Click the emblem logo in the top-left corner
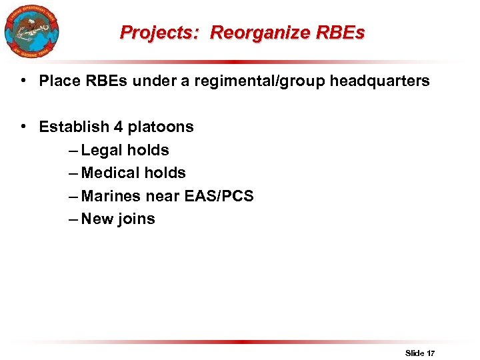coord(31,31)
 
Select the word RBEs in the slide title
coord(343,33)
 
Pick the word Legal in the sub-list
coord(102,150)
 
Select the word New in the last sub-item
coord(97,219)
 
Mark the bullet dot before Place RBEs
coord(23,81)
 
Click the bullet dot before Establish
coord(23,127)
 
